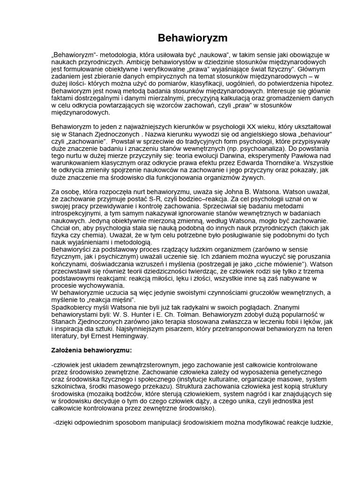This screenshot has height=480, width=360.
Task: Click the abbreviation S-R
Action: [x=149, y=200]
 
